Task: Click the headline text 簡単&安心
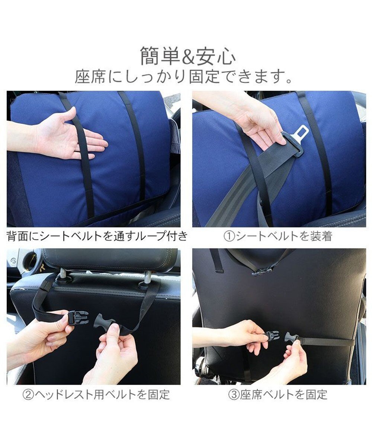pyautogui.click(x=188, y=56)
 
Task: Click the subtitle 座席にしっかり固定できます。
pyautogui.click(x=183, y=77)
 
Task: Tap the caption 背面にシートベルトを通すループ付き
pyautogui.click(x=97, y=236)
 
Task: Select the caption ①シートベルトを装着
pyautogui.click(x=278, y=236)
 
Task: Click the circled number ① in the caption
pyautogui.click(x=229, y=236)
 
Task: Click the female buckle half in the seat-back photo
pyautogui.click(x=273, y=336)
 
